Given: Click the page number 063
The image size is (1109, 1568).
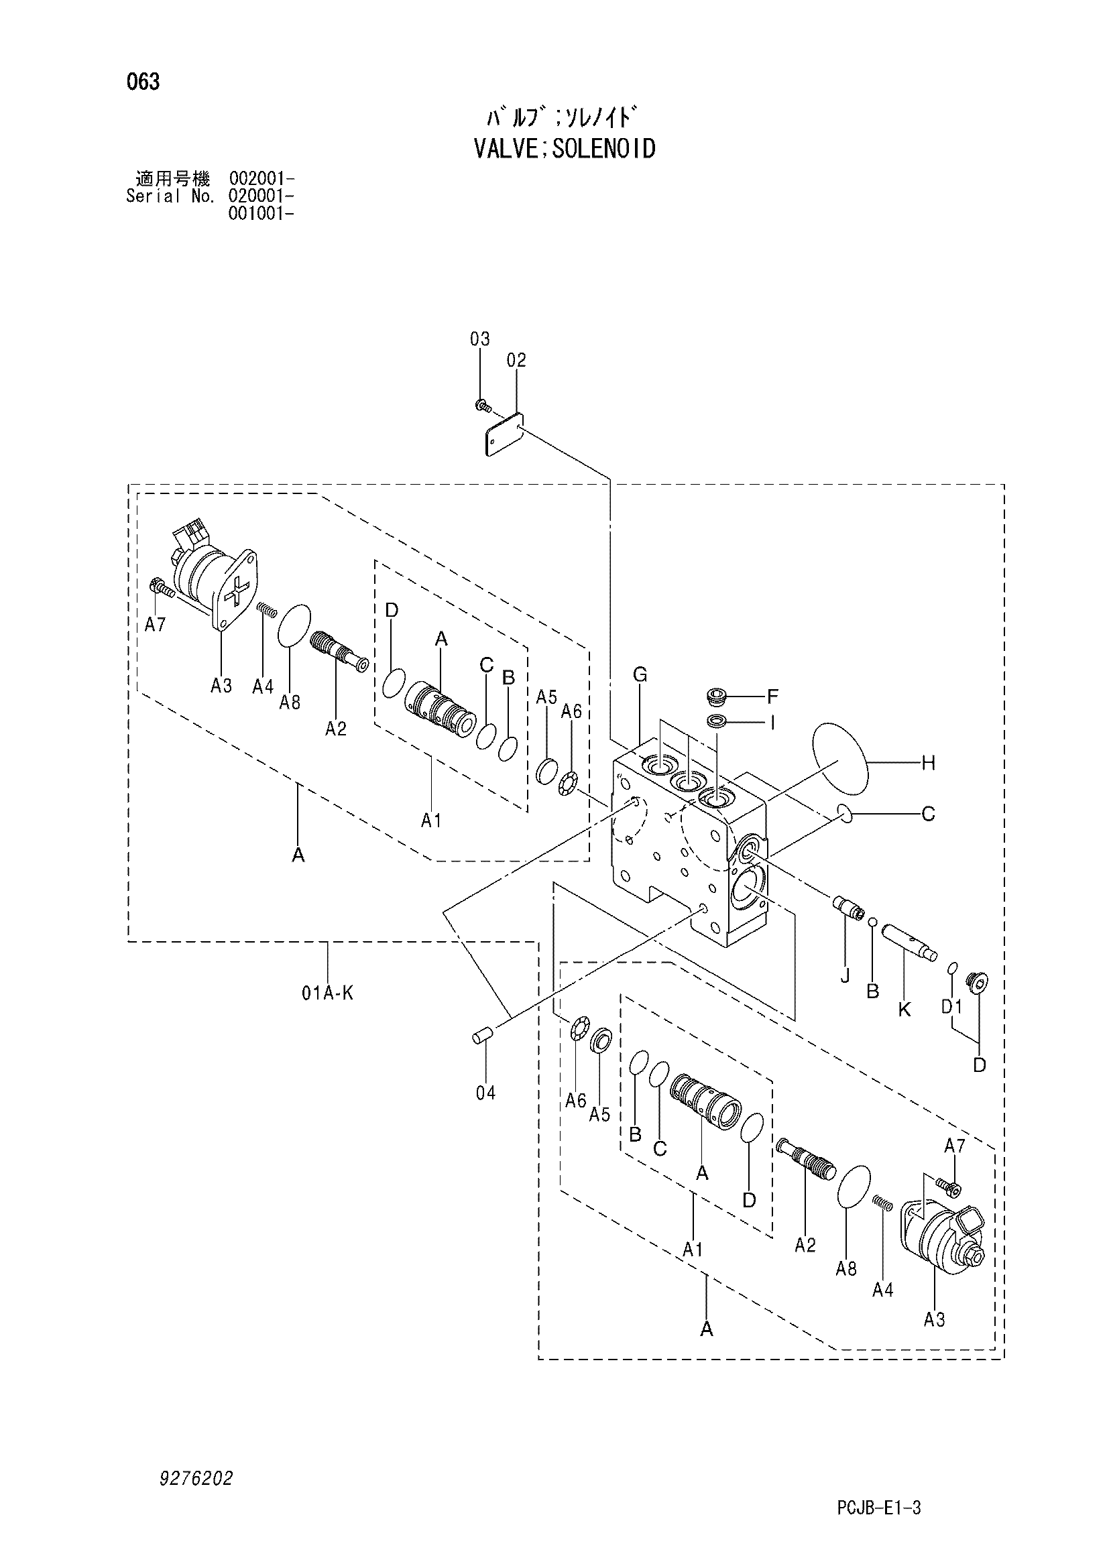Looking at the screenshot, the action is tap(143, 82).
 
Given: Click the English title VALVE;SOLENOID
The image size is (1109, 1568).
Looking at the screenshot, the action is tap(565, 148).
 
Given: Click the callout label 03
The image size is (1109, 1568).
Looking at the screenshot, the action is tap(480, 339).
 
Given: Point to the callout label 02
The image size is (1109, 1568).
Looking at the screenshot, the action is tap(516, 360).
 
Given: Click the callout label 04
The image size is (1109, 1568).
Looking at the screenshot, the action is tap(485, 1093).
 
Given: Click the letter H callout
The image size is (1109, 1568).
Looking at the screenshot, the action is tap(928, 764).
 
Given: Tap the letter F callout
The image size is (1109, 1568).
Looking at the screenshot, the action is tap(772, 697).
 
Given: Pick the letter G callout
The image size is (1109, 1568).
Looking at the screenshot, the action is tap(640, 675).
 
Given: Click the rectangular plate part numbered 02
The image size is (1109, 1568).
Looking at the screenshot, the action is tap(505, 434).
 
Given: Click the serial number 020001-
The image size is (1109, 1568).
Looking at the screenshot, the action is tap(261, 196).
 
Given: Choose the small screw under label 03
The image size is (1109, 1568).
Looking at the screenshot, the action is tap(483, 406).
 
